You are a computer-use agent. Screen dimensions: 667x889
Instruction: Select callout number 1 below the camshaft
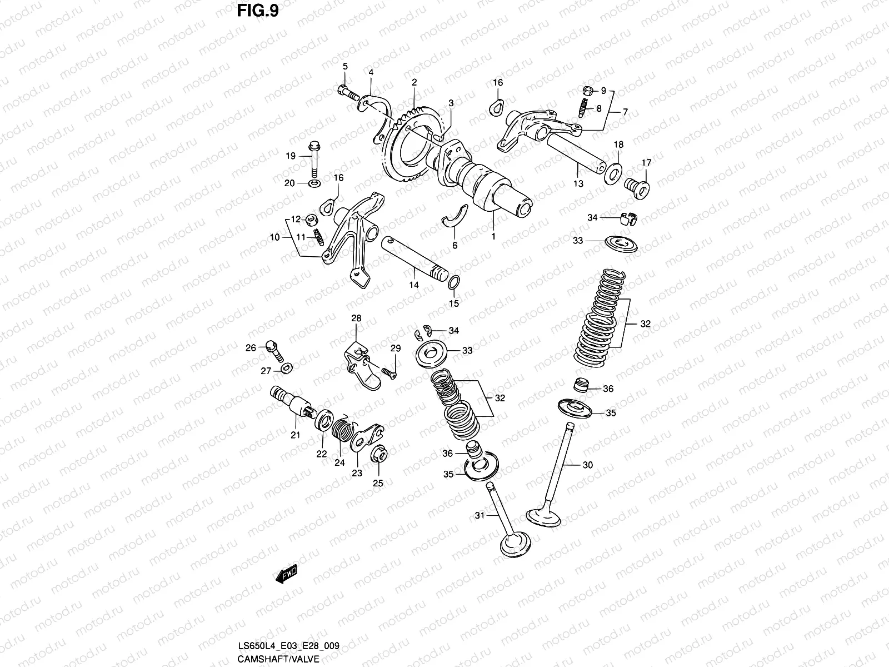[x=493, y=236]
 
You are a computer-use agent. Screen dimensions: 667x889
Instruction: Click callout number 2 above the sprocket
[x=414, y=82]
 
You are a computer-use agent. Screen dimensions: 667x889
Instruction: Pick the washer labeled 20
[x=314, y=183]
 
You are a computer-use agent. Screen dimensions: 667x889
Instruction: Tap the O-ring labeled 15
[x=453, y=283]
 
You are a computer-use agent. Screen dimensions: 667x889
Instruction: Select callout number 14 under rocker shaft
[x=414, y=285]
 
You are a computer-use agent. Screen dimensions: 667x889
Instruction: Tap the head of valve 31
[x=516, y=544]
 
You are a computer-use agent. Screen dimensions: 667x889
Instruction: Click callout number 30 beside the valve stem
[x=588, y=465]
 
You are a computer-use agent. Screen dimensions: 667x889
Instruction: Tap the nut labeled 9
[x=588, y=91]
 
